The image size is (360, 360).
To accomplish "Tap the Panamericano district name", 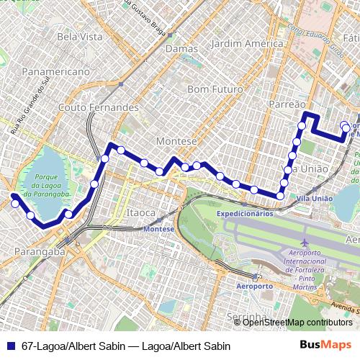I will (55, 72).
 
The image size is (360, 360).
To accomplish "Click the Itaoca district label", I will (140, 213).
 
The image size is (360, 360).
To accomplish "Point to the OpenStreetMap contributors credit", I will (297, 322).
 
